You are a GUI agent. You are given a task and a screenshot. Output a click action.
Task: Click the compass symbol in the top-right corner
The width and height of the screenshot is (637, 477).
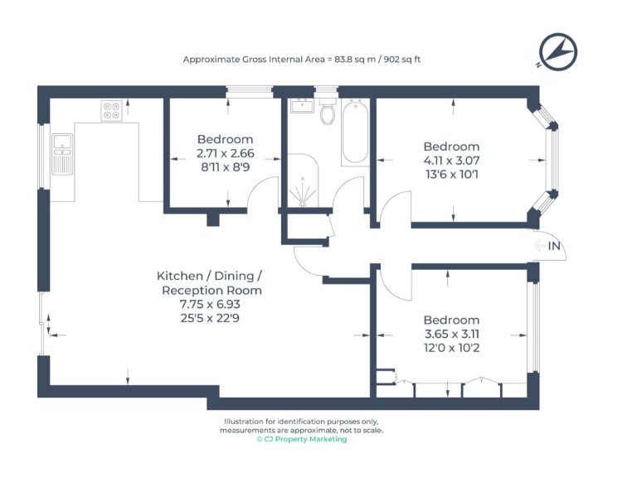[x=554, y=49]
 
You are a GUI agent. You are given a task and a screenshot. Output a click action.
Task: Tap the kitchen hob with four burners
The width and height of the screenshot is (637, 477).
[x=111, y=110]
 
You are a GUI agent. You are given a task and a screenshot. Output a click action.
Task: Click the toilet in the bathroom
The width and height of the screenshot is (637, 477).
[x=328, y=112]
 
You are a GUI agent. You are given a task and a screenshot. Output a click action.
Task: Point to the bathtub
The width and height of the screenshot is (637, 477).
[x=355, y=132]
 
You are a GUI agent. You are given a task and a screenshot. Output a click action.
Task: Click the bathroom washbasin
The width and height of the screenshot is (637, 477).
[x=300, y=105]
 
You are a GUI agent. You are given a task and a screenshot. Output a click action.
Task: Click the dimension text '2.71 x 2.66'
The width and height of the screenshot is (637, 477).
[x=225, y=153]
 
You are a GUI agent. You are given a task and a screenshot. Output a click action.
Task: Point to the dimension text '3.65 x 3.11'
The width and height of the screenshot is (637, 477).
[x=451, y=334]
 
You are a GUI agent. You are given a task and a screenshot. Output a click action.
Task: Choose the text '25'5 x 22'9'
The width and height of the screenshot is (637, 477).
[x=211, y=318]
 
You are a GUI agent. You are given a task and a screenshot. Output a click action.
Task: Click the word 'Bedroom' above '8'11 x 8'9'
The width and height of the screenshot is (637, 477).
[x=225, y=139]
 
